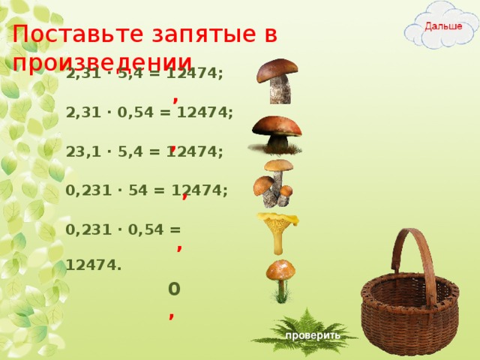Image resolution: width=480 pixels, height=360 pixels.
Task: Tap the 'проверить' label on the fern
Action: coord(312,336)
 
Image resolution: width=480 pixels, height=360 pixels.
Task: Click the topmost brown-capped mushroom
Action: coord(278,79)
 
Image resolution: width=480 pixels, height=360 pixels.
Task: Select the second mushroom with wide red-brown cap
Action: coord(277,133)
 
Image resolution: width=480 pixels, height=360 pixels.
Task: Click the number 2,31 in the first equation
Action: coord(82,74)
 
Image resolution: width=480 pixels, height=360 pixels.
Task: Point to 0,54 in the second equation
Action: coord(142,112)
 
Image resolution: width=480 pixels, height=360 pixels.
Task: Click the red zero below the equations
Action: coord(174,288)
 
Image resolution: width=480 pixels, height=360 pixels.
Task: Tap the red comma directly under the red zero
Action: coord(172,315)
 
